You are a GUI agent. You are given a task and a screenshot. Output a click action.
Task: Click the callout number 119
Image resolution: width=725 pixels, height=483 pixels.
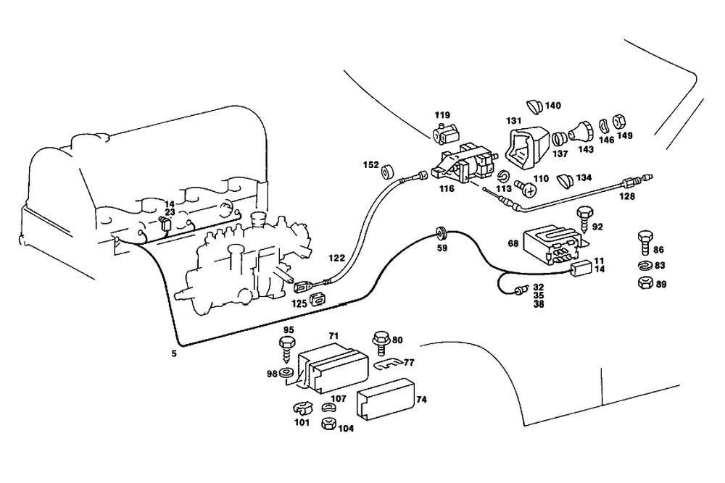(x=442, y=115)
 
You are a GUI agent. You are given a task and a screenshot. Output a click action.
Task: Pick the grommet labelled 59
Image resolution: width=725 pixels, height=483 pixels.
(x=440, y=233)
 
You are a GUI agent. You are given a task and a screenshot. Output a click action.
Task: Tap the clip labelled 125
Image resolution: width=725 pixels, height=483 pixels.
(x=316, y=299)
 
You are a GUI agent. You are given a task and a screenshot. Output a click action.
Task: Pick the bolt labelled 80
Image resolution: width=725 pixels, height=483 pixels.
(x=379, y=340)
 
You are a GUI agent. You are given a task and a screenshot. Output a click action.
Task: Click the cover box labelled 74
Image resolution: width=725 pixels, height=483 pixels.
(x=384, y=400)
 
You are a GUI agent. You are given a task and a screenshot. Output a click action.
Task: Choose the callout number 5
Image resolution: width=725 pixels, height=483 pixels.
(x=173, y=354)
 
